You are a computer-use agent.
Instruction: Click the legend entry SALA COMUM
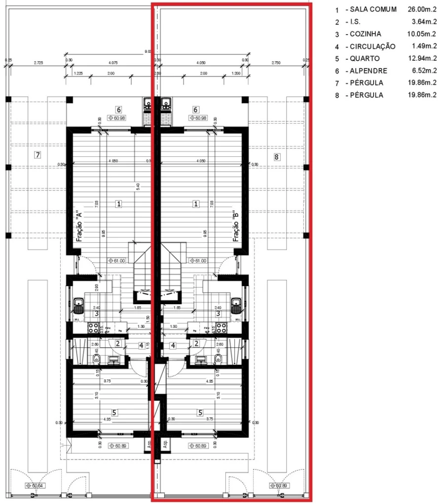(373, 9)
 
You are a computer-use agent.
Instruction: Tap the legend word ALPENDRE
(369, 71)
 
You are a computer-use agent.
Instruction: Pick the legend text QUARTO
(366, 59)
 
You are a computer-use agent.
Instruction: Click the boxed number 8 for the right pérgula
(276, 157)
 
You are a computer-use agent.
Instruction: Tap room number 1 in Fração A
(118, 203)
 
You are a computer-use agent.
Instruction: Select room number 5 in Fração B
(200, 412)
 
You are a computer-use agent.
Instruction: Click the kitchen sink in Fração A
(78, 305)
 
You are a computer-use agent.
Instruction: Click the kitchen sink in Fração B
(236, 305)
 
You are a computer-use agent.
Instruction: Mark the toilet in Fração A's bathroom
(96, 359)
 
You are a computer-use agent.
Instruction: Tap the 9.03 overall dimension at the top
(147, 51)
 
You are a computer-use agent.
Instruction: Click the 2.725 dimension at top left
(38, 63)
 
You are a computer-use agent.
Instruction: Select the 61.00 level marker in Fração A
(117, 261)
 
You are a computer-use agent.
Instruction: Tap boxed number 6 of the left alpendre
(118, 109)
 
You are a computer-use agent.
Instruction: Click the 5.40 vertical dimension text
(138, 186)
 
